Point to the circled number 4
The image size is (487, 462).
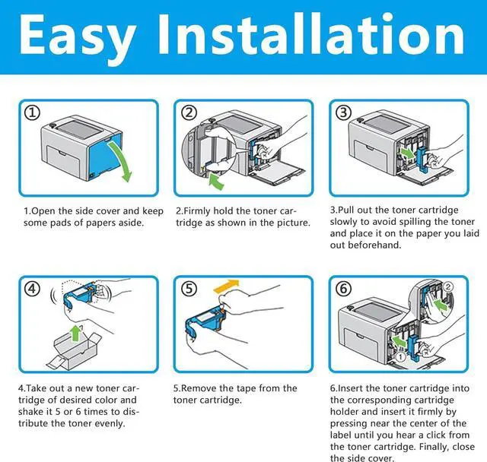[32, 290]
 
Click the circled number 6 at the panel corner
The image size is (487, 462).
[344, 290]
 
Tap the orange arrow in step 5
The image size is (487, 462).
[228, 286]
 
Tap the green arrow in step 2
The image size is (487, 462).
[216, 182]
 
